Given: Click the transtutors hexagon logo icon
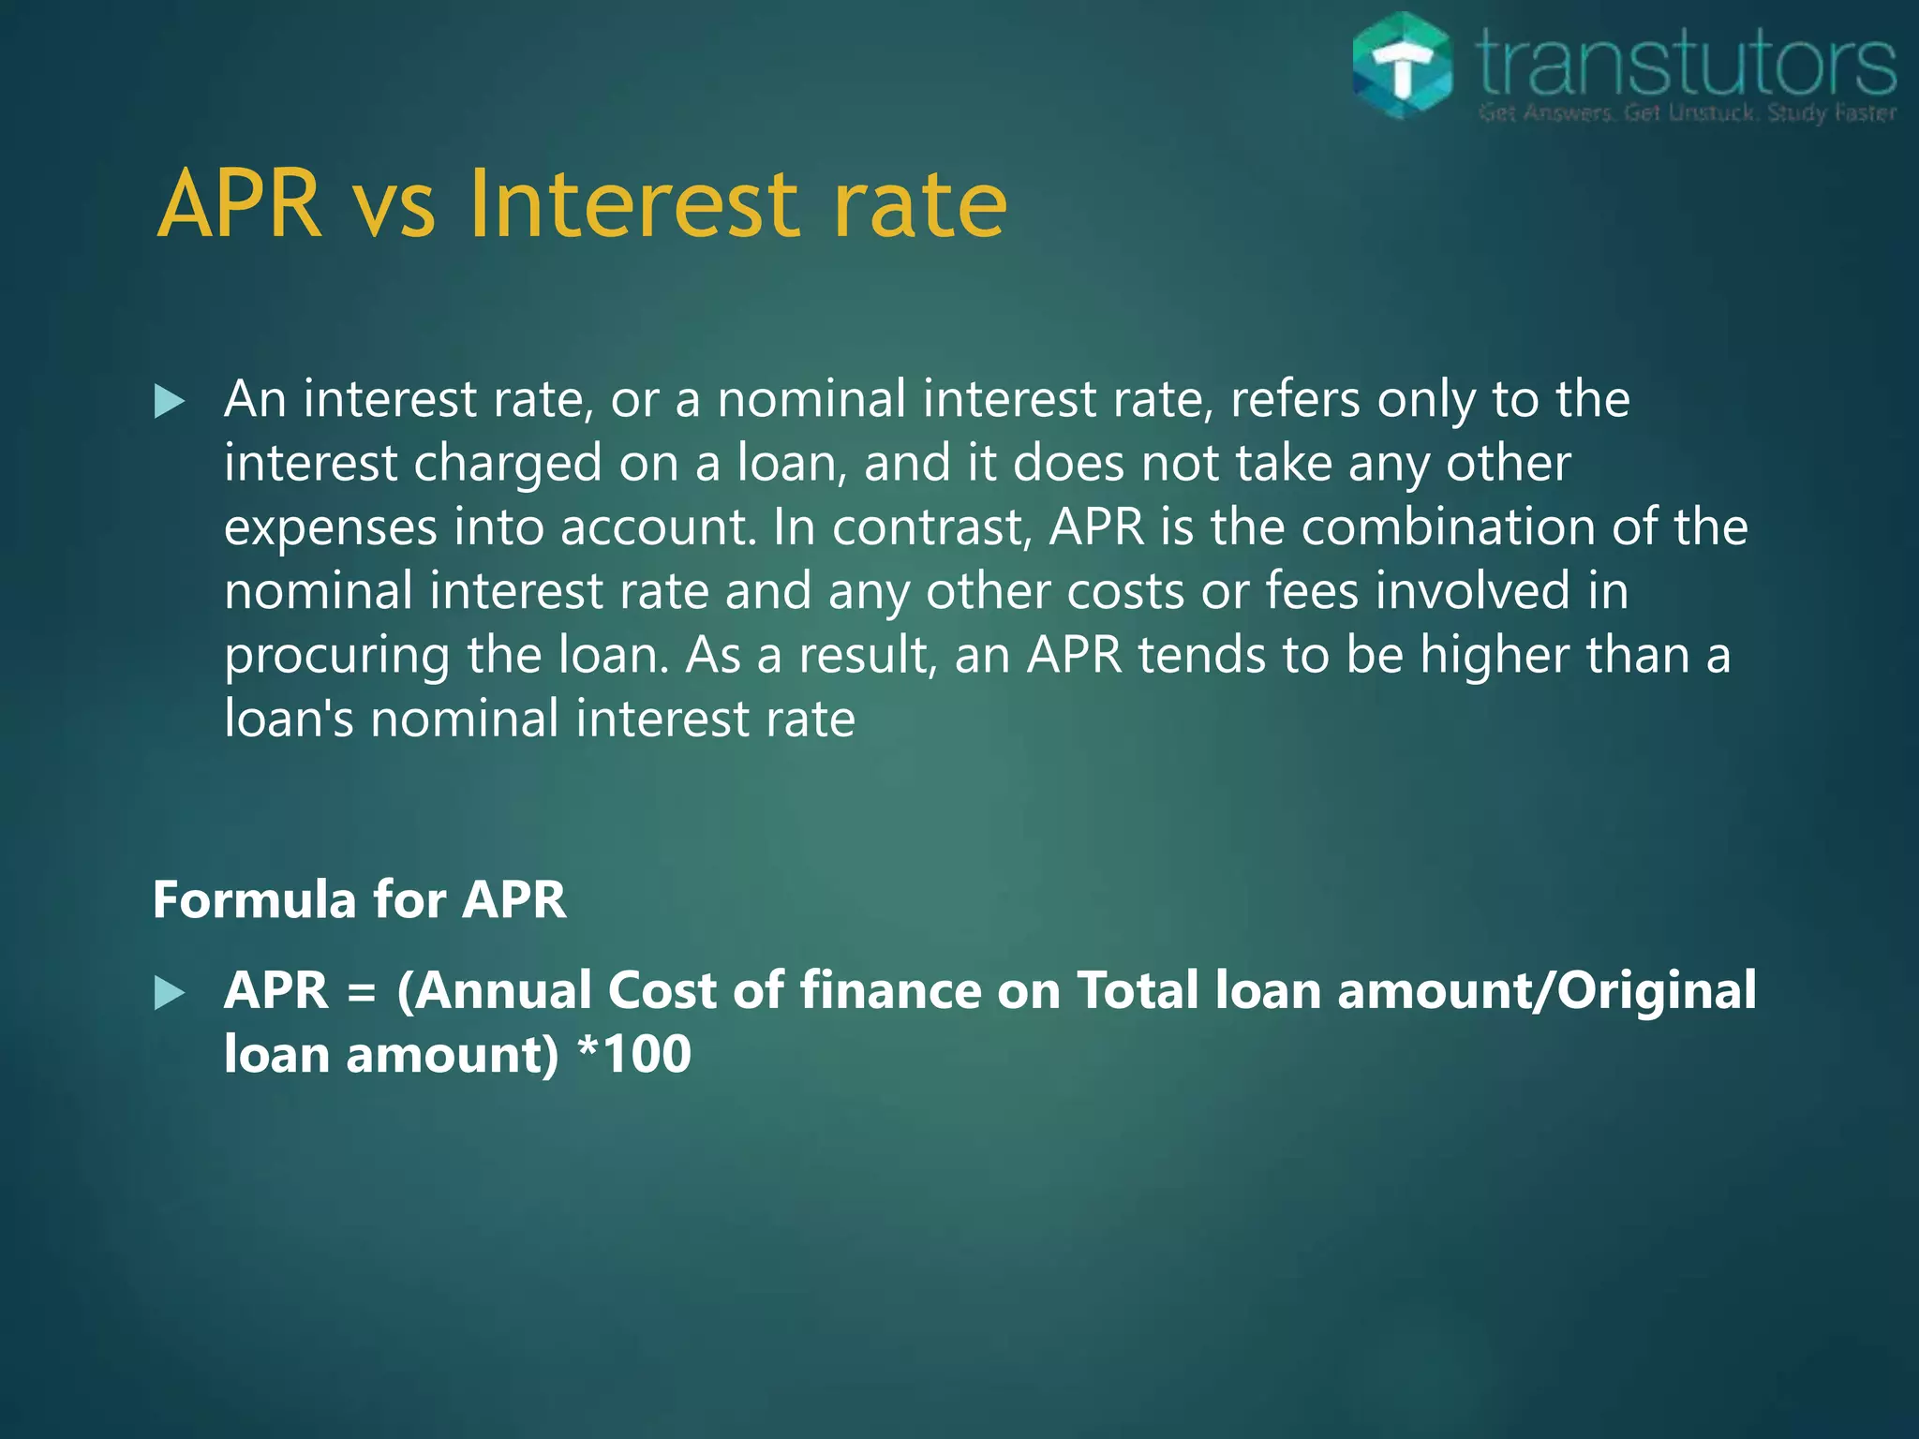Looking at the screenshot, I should coord(1403,66).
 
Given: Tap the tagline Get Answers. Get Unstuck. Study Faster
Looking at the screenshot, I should coord(1687,113).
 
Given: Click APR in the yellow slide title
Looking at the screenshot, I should coord(240,204).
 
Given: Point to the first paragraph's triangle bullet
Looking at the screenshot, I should coord(170,402).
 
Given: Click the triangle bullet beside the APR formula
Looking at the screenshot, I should coord(170,993).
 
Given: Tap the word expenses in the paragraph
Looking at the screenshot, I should coord(330,528).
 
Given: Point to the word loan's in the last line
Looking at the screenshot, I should coord(289,719).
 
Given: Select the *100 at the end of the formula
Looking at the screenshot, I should coord(634,1054).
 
